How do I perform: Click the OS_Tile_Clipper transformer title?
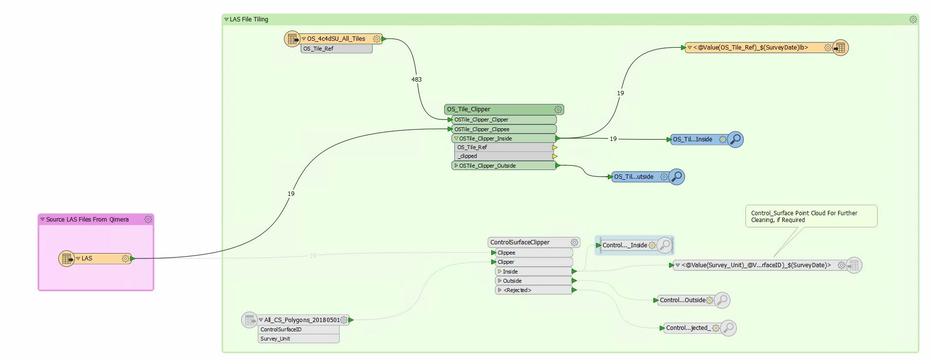point(468,109)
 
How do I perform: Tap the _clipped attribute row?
point(467,156)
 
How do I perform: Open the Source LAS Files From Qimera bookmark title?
point(87,220)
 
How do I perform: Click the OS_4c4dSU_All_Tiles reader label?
point(336,39)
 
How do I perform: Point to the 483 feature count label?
point(416,80)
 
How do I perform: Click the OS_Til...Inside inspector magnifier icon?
point(736,139)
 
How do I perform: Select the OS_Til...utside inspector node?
point(634,177)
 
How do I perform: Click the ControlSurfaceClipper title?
point(519,242)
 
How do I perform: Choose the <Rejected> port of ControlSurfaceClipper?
point(518,290)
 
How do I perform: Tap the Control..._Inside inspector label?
point(624,245)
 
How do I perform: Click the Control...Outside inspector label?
point(682,300)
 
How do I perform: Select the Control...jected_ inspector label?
point(688,328)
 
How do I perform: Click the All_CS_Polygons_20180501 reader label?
point(302,320)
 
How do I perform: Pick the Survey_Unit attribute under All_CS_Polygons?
point(275,339)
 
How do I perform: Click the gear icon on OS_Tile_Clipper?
point(558,110)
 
